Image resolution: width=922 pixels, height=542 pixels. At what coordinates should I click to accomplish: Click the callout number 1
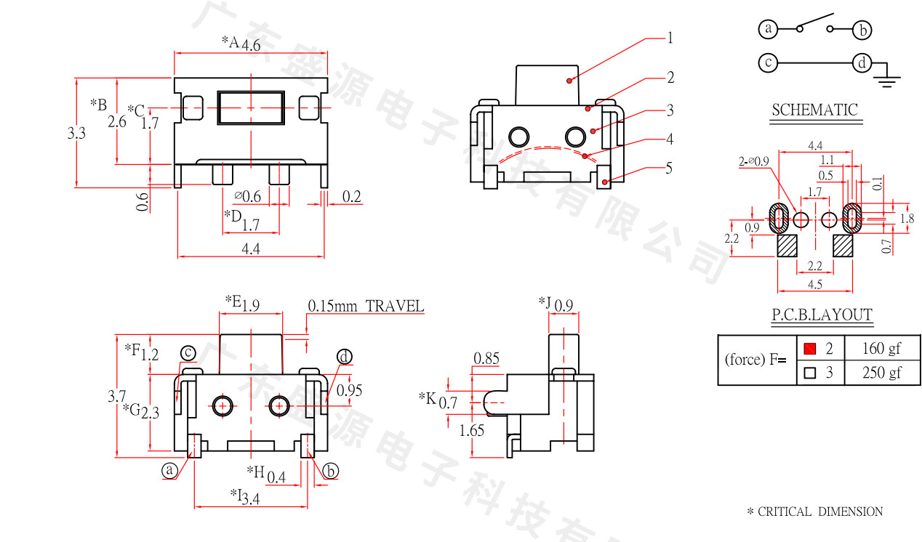tap(670, 38)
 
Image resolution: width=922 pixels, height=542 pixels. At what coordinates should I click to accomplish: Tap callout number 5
tap(669, 169)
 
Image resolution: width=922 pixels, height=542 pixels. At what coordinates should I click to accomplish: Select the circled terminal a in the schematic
tap(768, 29)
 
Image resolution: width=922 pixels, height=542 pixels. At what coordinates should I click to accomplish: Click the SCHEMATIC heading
tap(814, 110)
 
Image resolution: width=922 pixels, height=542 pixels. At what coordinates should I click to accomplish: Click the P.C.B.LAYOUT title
tap(822, 315)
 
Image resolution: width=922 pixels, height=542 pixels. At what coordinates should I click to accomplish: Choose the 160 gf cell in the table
tap(881, 349)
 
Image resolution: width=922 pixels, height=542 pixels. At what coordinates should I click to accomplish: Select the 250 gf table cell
tap(881, 373)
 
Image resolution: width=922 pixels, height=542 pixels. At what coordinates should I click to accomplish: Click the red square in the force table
tap(810, 349)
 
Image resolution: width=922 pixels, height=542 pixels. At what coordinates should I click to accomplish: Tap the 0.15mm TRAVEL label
tap(365, 306)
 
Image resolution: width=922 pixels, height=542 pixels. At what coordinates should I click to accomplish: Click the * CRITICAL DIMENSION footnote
tap(814, 511)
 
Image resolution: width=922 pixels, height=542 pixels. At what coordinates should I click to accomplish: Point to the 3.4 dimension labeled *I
tap(251, 499)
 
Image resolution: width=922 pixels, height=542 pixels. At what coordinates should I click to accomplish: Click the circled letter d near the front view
tap(344, 357)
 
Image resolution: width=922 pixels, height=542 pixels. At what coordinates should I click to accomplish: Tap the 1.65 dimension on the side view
tap(471, 431)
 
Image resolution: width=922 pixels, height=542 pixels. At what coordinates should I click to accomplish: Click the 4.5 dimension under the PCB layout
tap(814, 284)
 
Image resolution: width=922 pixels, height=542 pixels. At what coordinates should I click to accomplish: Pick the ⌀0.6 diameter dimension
tap(247, 196)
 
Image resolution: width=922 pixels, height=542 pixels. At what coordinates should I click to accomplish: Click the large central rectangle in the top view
tap(251, 108)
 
